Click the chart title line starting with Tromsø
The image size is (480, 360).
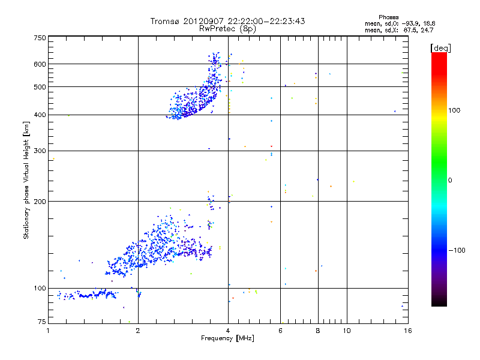227,21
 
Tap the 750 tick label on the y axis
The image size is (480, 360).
40,38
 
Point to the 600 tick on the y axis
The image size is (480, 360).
40,64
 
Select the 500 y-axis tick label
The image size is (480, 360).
40,87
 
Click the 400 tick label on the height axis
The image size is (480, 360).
40,115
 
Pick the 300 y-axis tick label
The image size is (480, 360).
40,151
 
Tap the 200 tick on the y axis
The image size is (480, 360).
40,202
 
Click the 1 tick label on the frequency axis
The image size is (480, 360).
48,331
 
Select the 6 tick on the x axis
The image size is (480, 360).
281,331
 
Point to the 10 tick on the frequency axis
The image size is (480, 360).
347,331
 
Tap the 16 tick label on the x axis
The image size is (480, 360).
407,331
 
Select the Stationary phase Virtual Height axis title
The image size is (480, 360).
26,181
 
